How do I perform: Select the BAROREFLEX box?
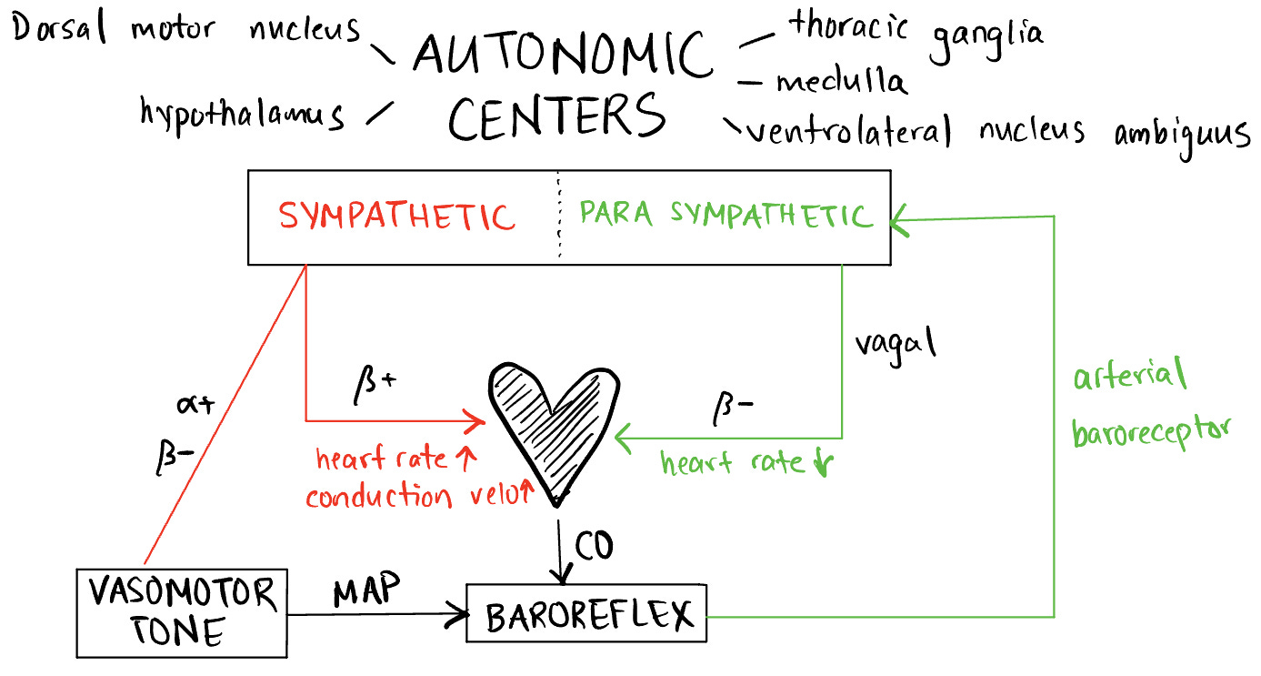pos(585,616)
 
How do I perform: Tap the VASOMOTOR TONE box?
pos(182,612)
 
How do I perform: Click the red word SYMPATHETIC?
pos(397,217)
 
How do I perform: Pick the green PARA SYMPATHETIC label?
pos(726,215)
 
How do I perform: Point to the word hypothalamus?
pos(243,115)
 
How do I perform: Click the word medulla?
pos(841,83)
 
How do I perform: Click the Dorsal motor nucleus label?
pos(186,29)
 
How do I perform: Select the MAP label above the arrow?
pos(365,590)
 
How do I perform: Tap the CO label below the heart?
pos(594,545)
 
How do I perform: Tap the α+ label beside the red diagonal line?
pos(195,405)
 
